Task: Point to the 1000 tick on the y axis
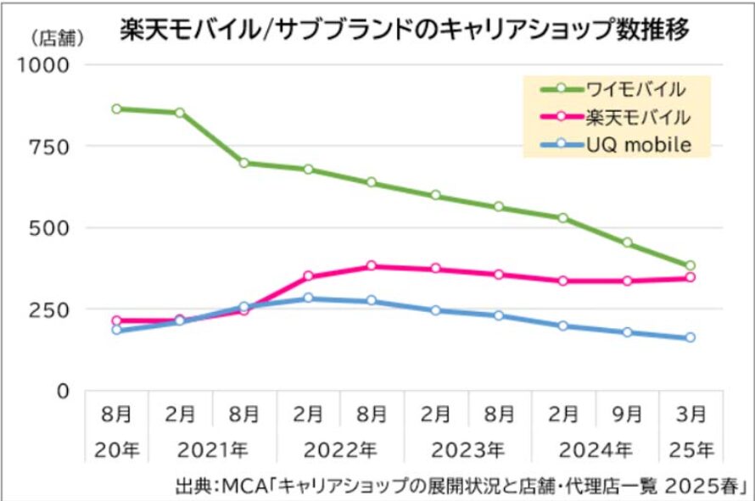pos(51,65)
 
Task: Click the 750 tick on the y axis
pos(56,147)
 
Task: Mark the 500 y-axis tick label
pos(56,228)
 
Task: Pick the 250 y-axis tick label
pos(56,309)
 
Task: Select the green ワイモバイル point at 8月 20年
pos(116,109)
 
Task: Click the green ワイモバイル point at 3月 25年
pos(691,265)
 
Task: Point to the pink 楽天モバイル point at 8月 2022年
pos(372,266)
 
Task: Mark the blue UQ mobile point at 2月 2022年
pos(308,298)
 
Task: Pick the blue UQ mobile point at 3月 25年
pos(691,337)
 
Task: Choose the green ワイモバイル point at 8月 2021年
pos(244,163)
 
